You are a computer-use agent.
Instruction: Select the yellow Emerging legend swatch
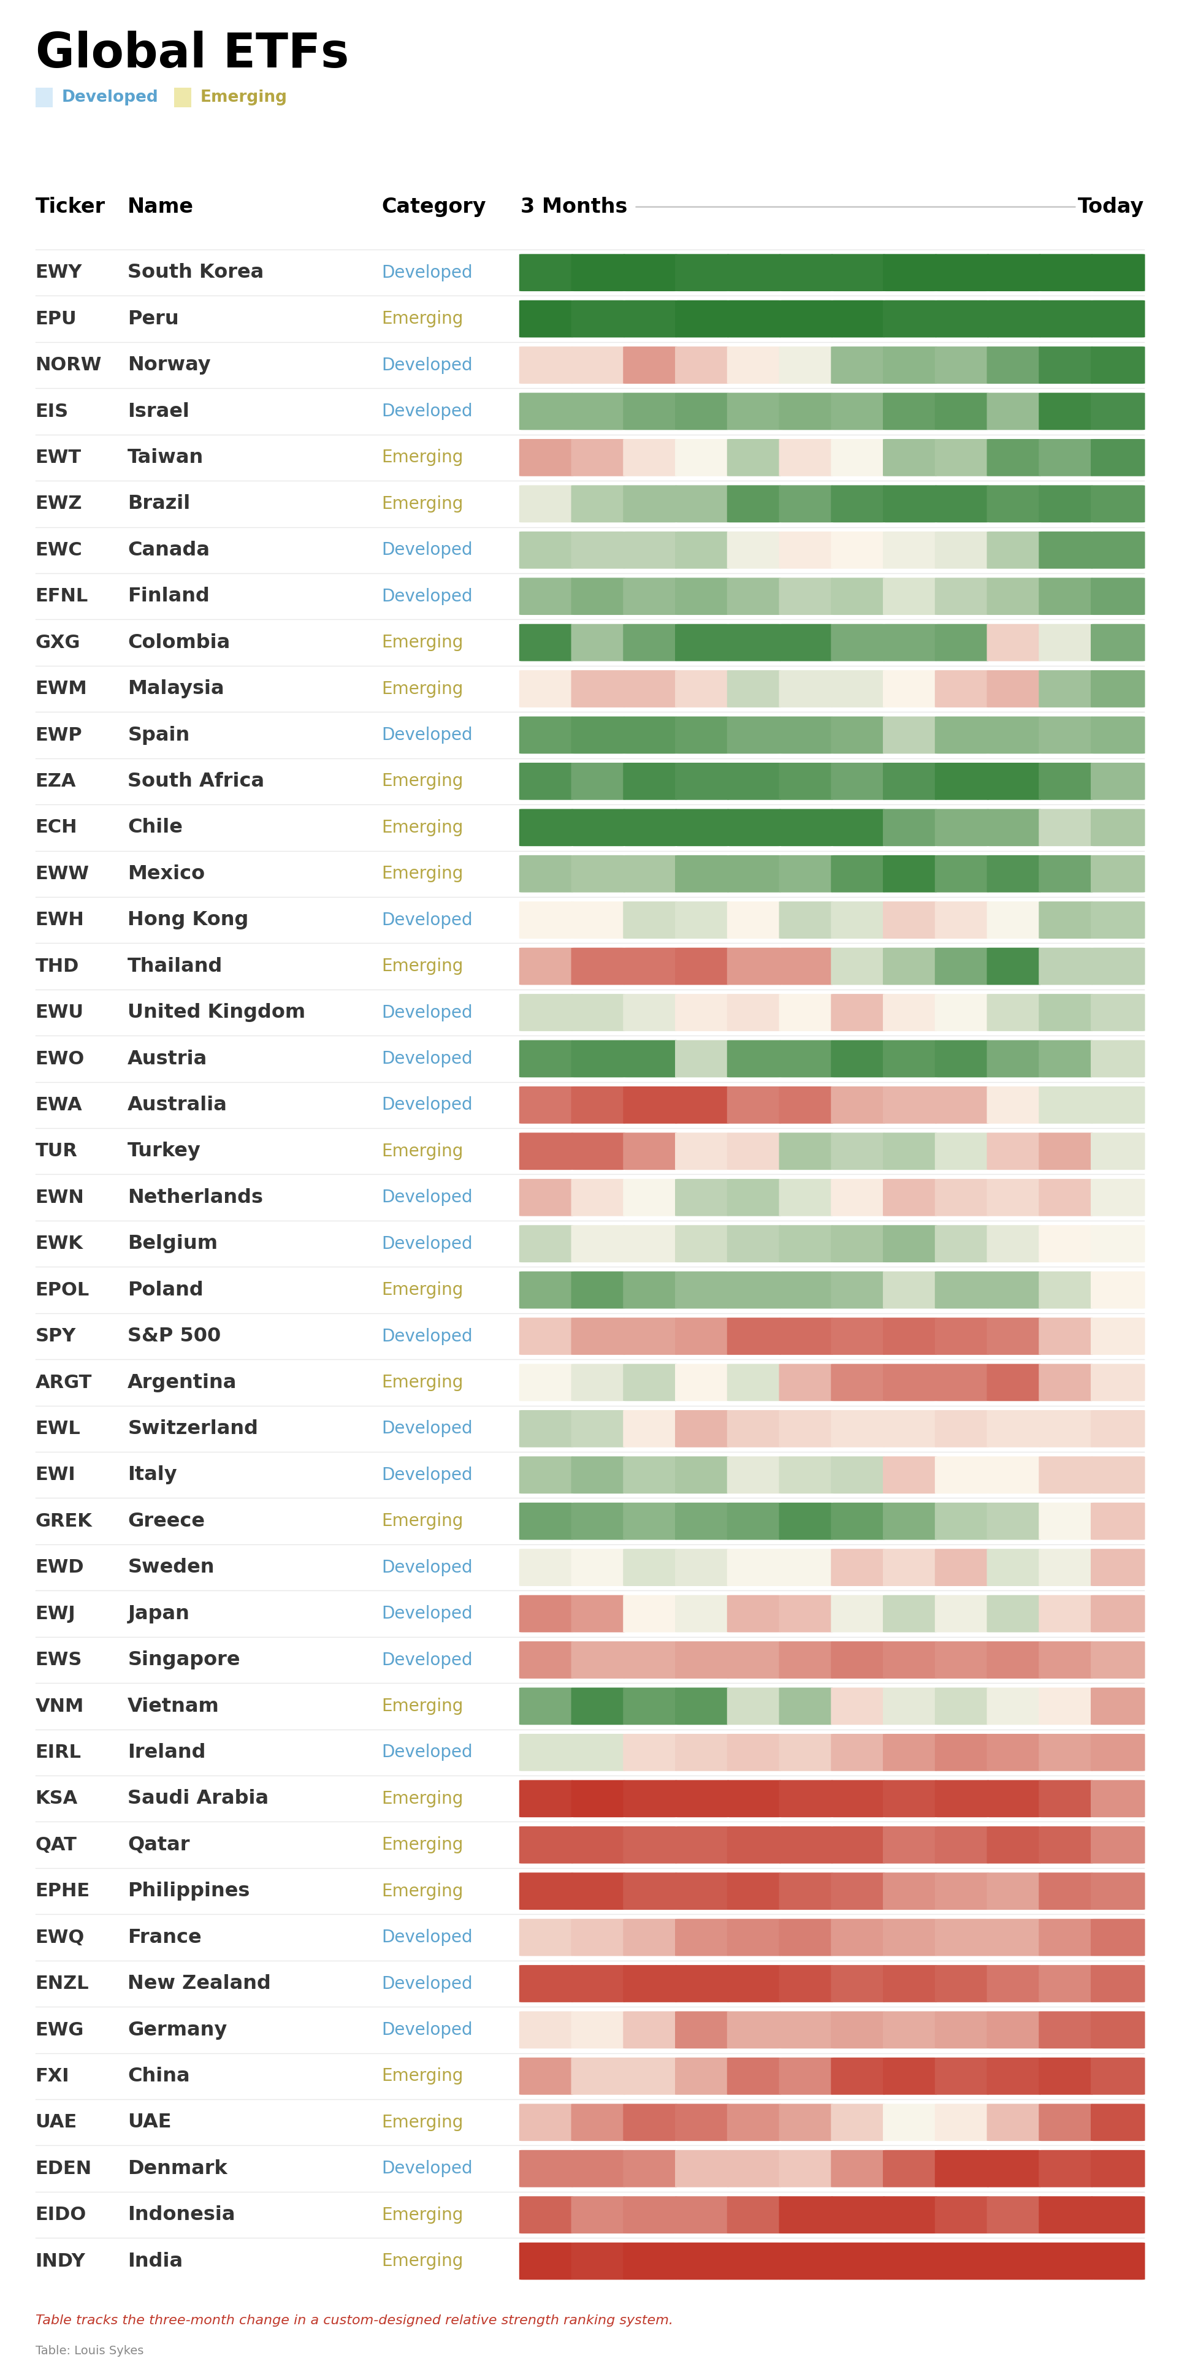[183, 97]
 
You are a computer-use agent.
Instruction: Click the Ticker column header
[70, 206]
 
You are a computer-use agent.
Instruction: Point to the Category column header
[433, 206]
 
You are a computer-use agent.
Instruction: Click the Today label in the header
[1110, 206]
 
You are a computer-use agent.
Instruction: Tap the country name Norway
[169, 364]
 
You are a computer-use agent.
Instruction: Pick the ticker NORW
[68, 364]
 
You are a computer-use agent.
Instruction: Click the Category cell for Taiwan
[422, 457]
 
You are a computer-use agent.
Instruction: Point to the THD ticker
[57, 966]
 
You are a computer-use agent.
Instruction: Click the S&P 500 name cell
[174, 1335]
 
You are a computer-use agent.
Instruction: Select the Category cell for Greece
[422, 1520]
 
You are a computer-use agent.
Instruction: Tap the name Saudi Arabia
[197, 1798]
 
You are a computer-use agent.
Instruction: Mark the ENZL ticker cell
[61, 1983]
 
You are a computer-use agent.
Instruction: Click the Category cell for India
[422, 2260]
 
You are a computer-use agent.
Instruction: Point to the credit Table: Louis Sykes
[90, 2351]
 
